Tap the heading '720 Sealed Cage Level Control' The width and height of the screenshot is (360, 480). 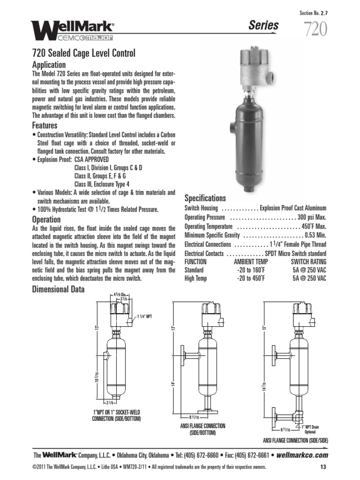click(x=83, y=53)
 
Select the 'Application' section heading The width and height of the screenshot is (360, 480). click(x=49, y=65)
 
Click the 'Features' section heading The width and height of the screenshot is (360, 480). click(x=45, y=126)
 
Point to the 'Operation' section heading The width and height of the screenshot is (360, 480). click(x=46, y=219)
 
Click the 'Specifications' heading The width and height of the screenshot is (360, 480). click(x=205, y=198)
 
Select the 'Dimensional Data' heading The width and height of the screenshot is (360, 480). click(x=58, y=290)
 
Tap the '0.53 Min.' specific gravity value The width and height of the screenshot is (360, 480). click(x=314, y=235)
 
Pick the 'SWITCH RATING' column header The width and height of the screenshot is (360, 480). click(x=308, y=262)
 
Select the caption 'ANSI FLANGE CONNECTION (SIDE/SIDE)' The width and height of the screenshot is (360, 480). click(x=295, y=441)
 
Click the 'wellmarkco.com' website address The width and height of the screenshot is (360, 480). click(x=302, y=455)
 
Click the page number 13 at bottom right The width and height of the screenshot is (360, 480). click(x=323, y=467)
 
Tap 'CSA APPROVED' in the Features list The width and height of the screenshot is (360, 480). click(x=91, y=160)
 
